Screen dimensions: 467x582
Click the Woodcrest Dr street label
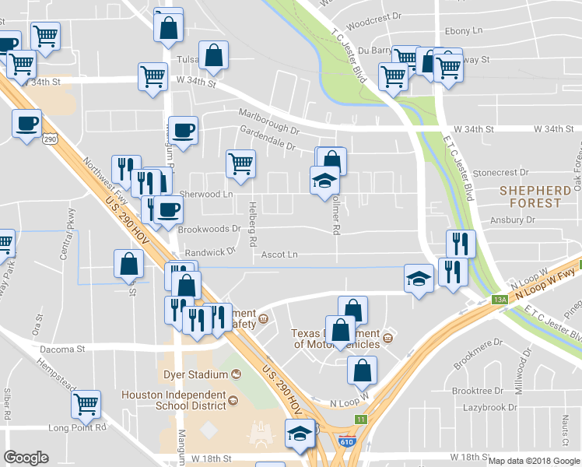tap(373, 16)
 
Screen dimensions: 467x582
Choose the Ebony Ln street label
tap(465, 31)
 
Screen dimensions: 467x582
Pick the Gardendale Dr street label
tap(268, 146)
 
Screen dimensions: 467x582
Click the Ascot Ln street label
tap(279, 255)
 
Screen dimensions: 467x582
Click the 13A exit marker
tap(500, 299)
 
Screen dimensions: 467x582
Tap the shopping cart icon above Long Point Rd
tap(86, 404)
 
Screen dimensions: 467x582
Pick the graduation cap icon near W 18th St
tap(300, 433)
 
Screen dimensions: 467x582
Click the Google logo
tap(26, 458)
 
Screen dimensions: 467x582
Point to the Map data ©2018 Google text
tap(535, 461)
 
